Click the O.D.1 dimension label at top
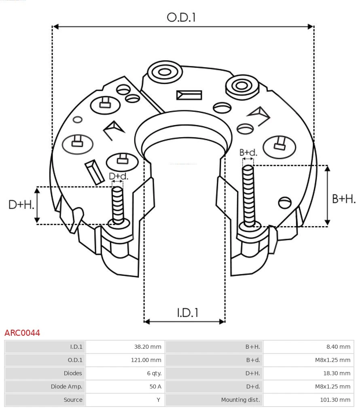181,17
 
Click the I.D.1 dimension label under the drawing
187,313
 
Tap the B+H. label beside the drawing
344,199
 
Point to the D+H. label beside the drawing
21,205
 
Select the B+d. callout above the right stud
248,153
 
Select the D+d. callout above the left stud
119,176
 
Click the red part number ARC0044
22,333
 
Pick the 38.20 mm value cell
148,347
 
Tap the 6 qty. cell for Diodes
154,373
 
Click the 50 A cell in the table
155,386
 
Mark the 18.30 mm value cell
336,373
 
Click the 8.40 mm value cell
339,347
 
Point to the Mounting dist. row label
240,400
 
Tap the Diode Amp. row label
66,386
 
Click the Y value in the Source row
159,400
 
